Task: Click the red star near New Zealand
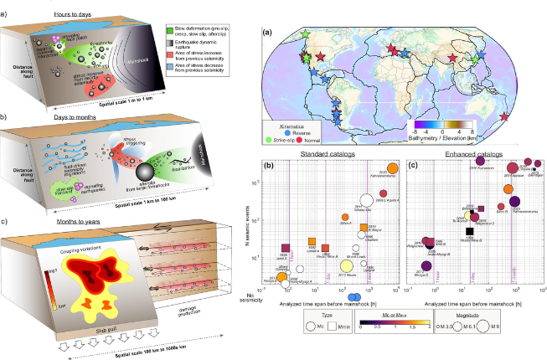click(503, 116)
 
